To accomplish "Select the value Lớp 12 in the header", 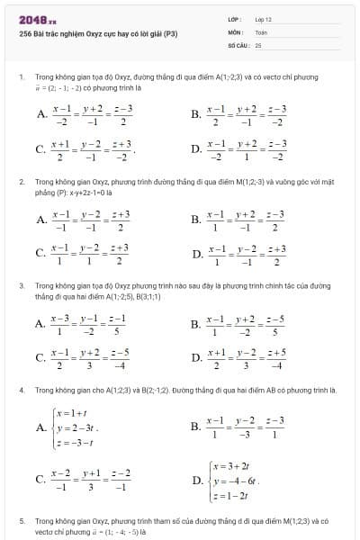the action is coord(263,19).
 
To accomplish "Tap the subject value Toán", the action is coord(261,31).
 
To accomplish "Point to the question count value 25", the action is coord(258,44).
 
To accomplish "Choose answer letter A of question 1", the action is coord(41,114).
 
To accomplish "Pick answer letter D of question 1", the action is coord(196,148).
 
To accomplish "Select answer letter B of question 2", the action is coord(196,220).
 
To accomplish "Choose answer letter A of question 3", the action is coord(41,324).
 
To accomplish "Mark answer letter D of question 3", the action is coord(196,358).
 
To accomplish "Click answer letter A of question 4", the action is coord(41,427).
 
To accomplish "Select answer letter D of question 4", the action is coord(196,481).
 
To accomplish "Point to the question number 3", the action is coord(21,285).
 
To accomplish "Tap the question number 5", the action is coord(21,521).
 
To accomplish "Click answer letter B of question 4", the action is coord(196,427).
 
